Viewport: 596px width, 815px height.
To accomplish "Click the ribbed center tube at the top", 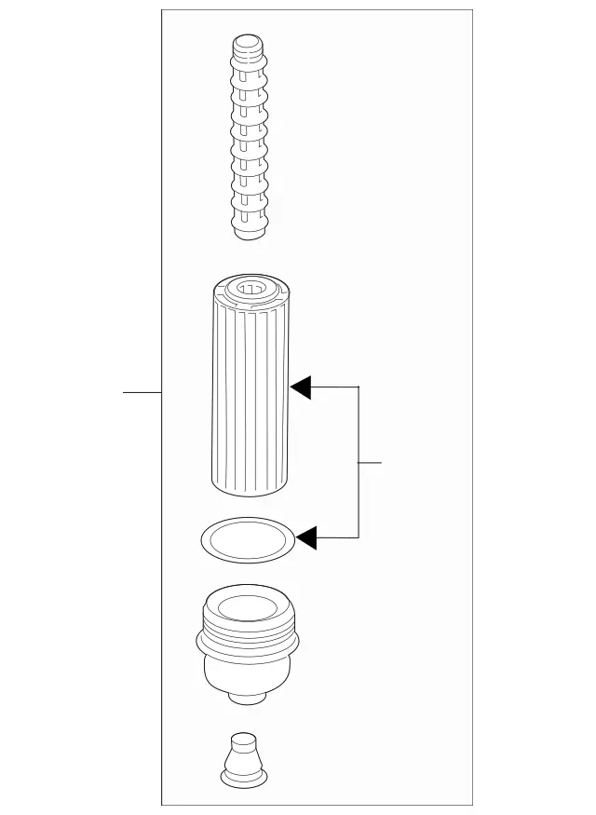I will [249, 140].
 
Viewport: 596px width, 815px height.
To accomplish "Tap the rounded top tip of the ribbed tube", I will [248, 43].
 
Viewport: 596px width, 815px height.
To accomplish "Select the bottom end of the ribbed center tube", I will [249, 229].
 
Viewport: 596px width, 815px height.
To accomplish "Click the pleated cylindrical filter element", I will [250, 391].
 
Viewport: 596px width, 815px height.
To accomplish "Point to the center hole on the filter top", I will [250, 288].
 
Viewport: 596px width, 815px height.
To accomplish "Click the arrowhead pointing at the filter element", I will [301, 386].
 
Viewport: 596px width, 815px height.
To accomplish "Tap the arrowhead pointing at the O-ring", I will [305, 537].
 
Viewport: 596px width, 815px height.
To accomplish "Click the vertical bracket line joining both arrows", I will [359, 462].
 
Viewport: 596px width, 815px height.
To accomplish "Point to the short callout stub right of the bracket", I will [371, 462].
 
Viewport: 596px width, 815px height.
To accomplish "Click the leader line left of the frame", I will [142, 393].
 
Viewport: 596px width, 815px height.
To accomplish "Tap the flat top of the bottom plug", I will [244, 738].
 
